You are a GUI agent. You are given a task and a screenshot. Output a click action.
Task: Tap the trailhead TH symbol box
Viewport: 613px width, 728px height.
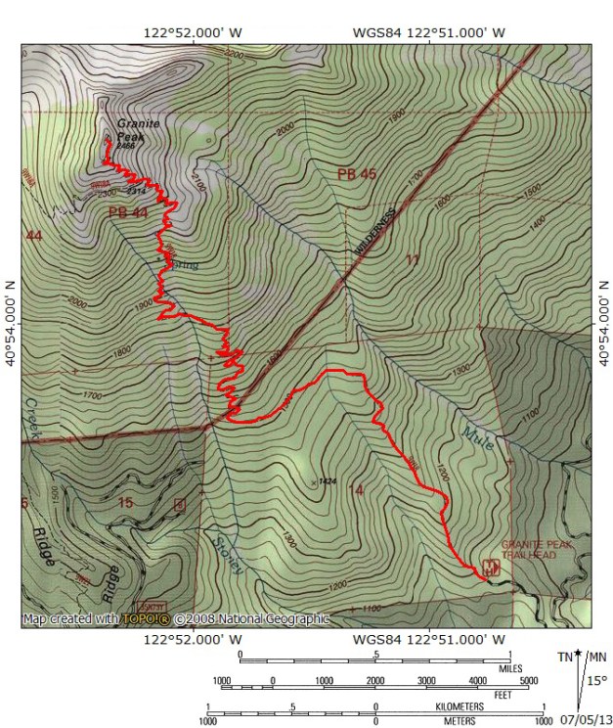488,567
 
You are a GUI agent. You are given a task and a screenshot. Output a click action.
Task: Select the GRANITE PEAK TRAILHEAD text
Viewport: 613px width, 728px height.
532,549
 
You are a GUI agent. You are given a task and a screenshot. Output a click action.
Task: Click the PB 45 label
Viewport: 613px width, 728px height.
357,174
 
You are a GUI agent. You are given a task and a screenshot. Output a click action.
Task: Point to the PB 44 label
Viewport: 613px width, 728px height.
128,212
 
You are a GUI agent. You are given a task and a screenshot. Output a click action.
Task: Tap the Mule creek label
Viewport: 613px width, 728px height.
474,430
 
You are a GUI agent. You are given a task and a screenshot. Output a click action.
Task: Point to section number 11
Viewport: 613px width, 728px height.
412,259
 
